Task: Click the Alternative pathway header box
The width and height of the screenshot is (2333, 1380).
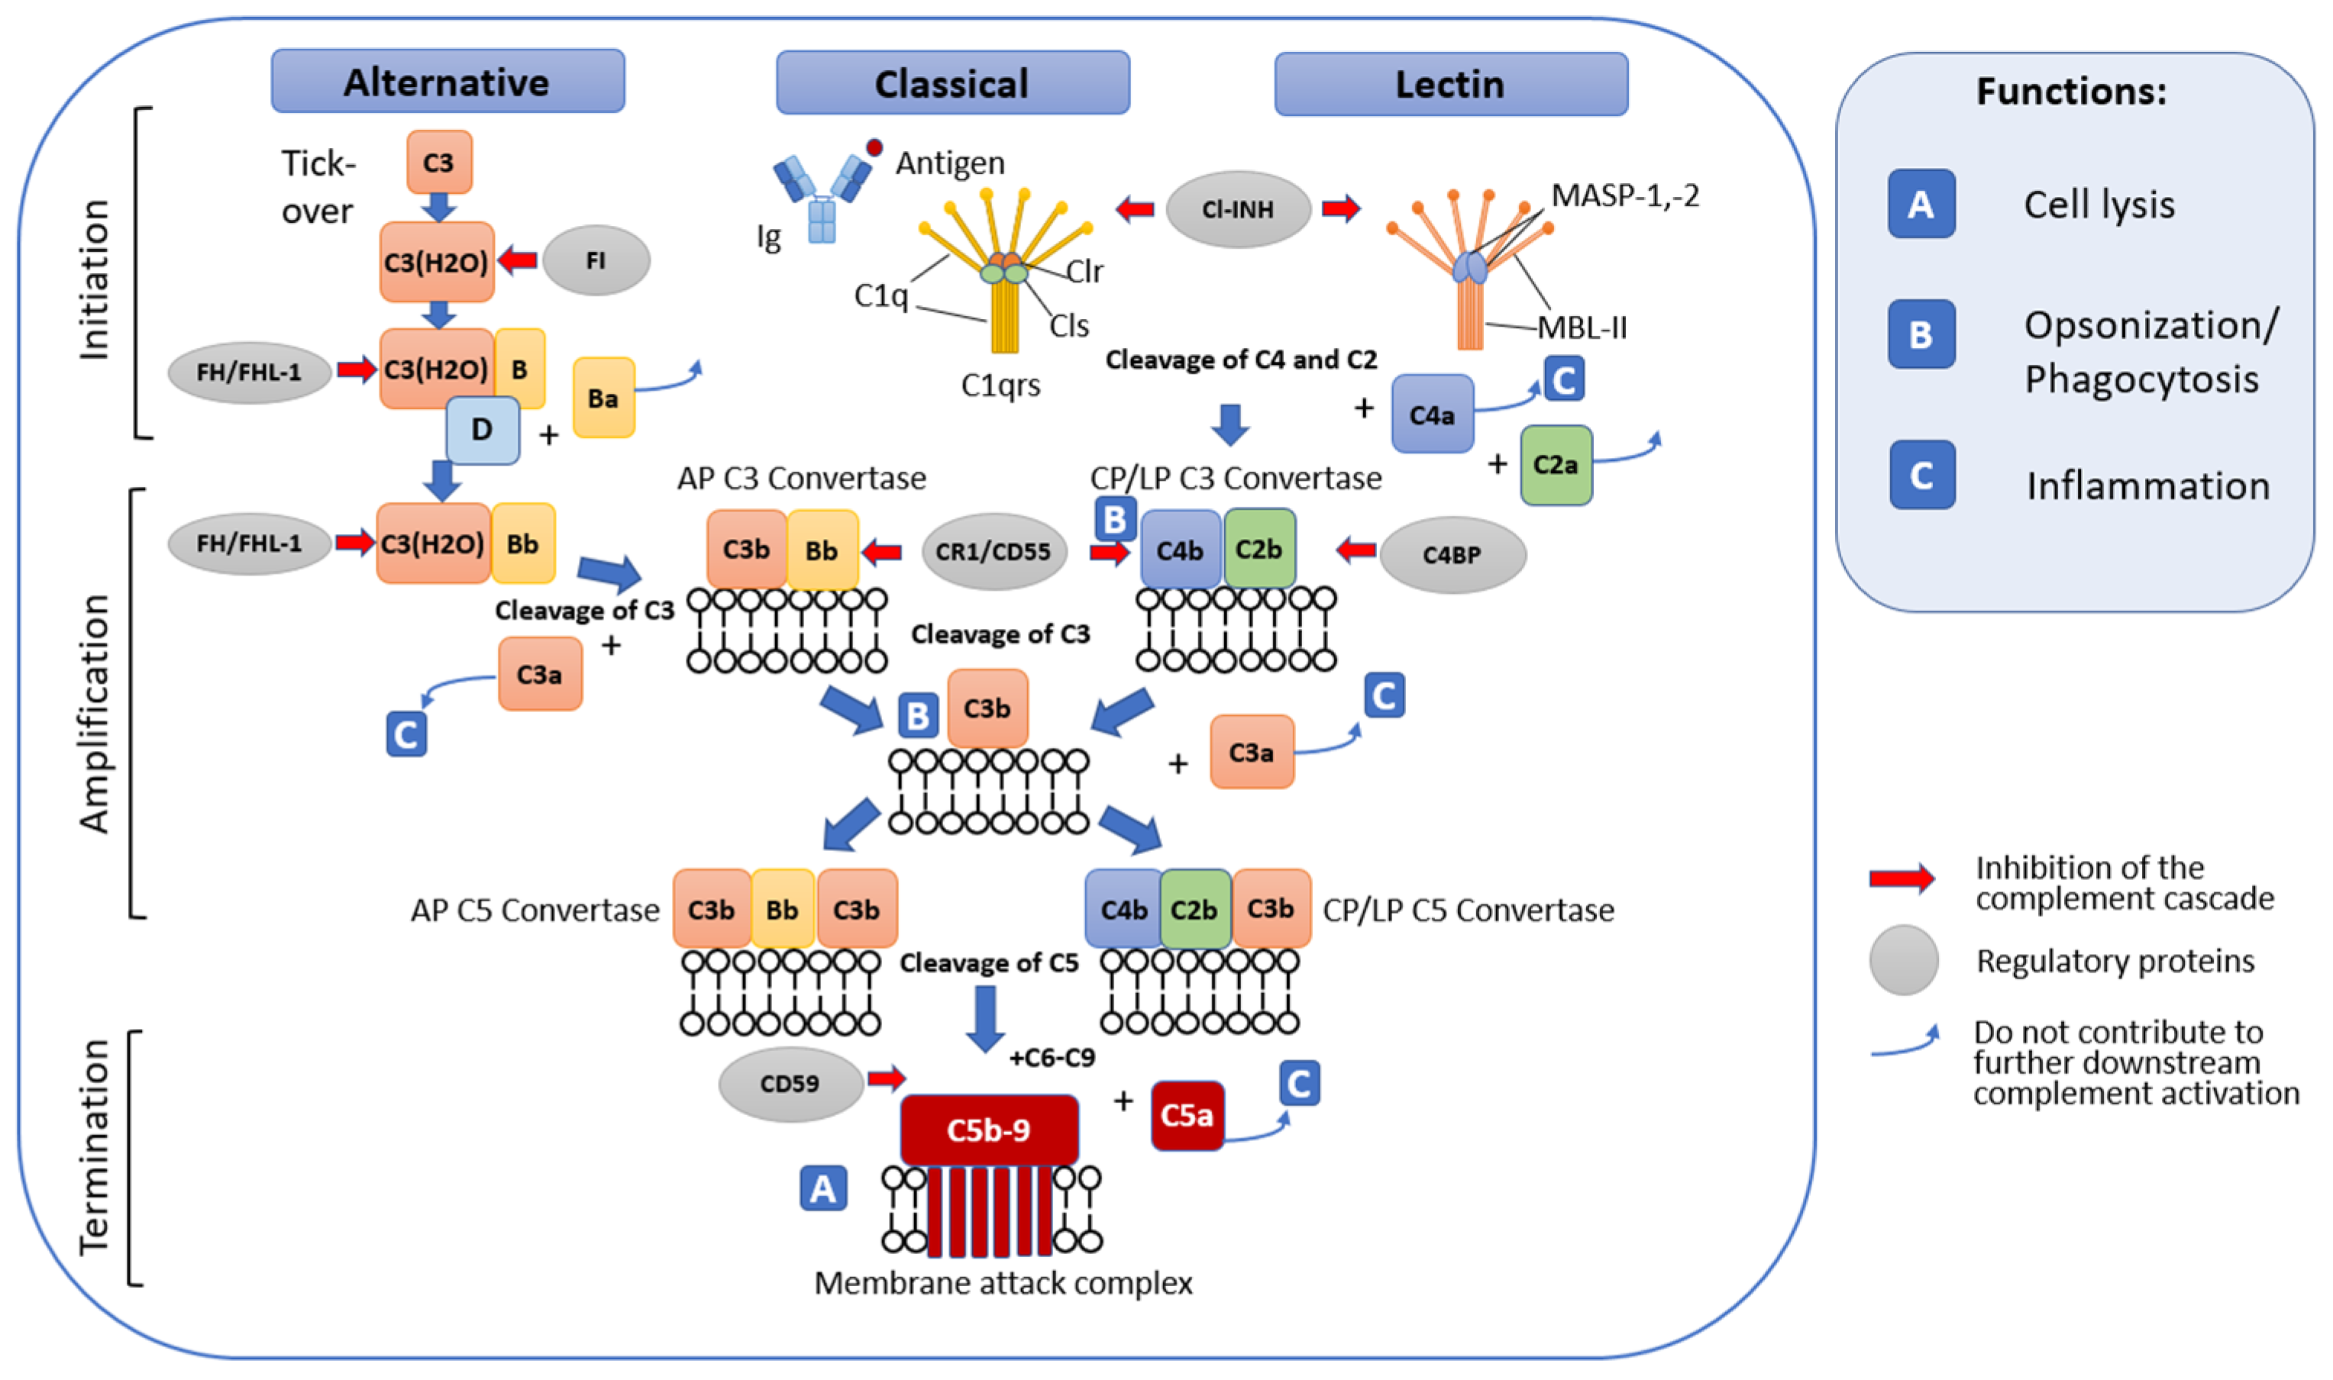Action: pyautogui.click(x=448, y=82)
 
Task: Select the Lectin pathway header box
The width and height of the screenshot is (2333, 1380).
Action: pyautogui.click(x=1450, y=85)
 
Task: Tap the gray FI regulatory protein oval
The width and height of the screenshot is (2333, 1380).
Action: pyautogui.click(x=596, y=260)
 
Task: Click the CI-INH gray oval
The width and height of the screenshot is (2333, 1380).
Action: pyautogui.click(x=1237, y=209)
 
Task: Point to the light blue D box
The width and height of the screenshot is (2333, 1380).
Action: pyautogui.click(x=482, y=430)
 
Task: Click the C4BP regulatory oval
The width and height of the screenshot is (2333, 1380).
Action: pyautogui.click(x=1451, y=555)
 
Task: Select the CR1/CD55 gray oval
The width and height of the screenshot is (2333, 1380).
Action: pyautogui.click(x=993, y=551)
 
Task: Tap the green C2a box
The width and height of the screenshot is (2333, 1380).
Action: pyautogui.click(x=1556, y=465)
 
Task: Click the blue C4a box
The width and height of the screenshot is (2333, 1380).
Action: pyautogui.click(x=1432, y=414)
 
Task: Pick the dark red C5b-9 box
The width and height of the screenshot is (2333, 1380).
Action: pyautogui.click(x=989, y=1130)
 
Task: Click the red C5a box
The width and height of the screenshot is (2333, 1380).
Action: pyautogui.click(x=1187, y=1115)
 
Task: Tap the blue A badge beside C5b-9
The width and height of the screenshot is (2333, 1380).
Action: pyautogui.click(x=823, y=1188)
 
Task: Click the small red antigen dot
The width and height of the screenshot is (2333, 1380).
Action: pyautogui.click(x=874, y=147)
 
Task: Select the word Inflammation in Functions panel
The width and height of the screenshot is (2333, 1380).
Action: pyautogui.click(x=2148, y=486)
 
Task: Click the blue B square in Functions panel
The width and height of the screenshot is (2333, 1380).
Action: pyautogui.click(x=1921, y=335)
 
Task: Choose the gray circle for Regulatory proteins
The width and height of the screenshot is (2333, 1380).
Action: pyautogui.click(x=1903, y=959)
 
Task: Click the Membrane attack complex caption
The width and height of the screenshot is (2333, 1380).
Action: pyautogui.click(x=1003, y=1283)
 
